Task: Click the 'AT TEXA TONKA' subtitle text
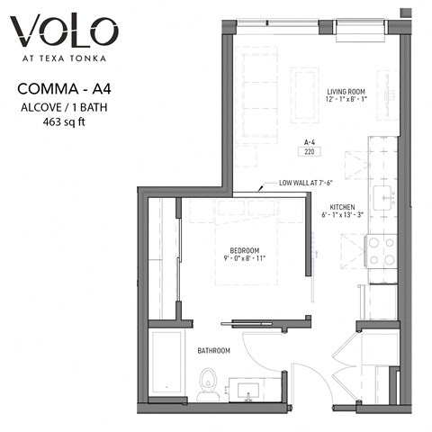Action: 64,61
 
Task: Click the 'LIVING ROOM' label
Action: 348,91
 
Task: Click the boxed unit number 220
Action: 310,152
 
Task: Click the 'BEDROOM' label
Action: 244,249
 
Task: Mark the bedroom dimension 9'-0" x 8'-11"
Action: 244,259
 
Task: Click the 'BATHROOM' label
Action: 214,350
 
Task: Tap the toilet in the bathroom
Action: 208,383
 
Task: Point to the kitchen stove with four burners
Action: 382,251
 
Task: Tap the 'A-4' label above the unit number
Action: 310,142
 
